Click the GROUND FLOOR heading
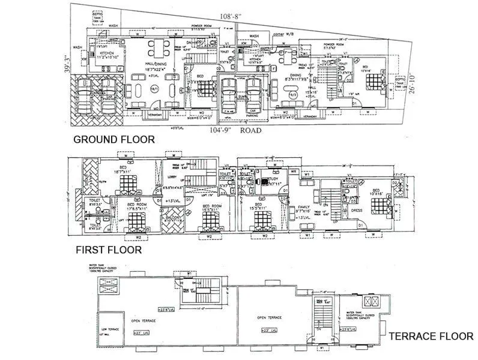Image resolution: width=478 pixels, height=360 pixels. (x=113, y=140)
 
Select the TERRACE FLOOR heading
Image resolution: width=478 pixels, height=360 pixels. (x=431, y=337)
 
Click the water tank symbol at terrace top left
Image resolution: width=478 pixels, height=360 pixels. (x=112, y=284)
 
